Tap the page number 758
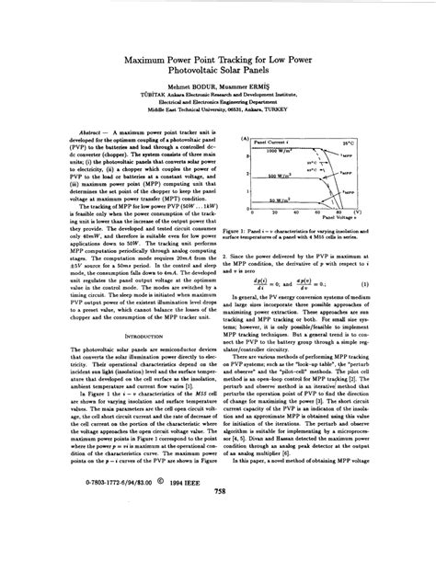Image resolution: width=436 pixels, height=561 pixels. (x=219, y=543)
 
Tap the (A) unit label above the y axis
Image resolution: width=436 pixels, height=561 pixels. (x=241, y=138)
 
